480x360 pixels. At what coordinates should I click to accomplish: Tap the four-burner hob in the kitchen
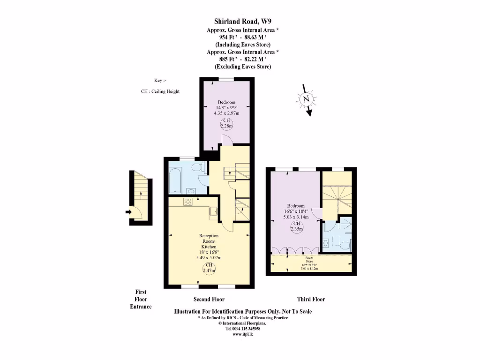(x=188, y=202)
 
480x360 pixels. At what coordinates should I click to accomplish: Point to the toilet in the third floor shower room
(x=345, y=244)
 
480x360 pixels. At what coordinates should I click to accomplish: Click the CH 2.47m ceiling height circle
(x=209, y=268)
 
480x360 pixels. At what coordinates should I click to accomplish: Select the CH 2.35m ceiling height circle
(x=296, y=227)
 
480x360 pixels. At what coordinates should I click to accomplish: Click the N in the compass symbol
(x=306, y=99)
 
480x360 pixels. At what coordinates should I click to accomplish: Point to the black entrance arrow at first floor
(x=128, y=212)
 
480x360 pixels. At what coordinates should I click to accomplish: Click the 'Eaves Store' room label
(x=309, y=258)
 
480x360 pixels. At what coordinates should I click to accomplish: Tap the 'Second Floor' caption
(x=209, y=299)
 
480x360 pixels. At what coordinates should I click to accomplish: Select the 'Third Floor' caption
(x=311, y=299)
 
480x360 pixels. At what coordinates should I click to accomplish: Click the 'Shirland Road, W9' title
(x=242, y=21)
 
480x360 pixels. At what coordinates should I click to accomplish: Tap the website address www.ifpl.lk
(x=243, y=334)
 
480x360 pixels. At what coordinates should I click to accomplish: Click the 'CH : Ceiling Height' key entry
(x=160, y=91)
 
